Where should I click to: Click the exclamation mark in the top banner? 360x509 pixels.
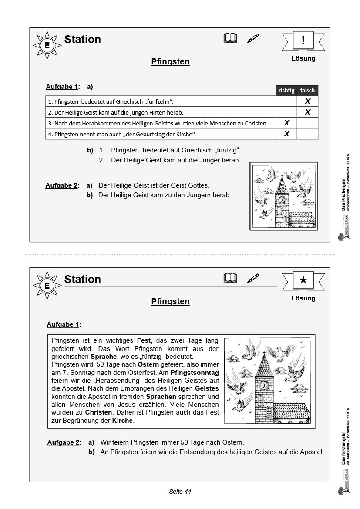pyautogui.click(x=303, y=40)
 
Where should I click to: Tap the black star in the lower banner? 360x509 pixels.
pyautogui.click(x=303, y=280)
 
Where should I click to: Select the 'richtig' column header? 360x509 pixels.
pyautogui.click(x=286, y=90)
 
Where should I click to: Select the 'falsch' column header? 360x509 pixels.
pyautogui.click(x=307, y=90)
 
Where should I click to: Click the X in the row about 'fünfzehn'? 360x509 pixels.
pyautogui.click(x=308, y=101)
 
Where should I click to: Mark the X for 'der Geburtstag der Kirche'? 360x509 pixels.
pyautogui.click(x=286, y=134)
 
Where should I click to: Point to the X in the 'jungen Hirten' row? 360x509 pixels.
pyautogui.click(x=308, y=112)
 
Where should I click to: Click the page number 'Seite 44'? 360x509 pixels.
pyautogui.click(x=180, y=492)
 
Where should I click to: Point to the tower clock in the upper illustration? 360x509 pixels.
pyautogui.click(x=282, y=200)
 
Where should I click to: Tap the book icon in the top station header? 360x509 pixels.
pyautogui.click(x=230, y=39)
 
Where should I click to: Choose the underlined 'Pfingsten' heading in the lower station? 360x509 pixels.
pyautogui.click(x=170, y=301)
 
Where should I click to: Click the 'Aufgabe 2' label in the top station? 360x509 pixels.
pyautogui.click(x=61, y=185)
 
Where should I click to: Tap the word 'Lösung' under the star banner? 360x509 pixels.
pyautogui.click(x=303, y=298)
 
